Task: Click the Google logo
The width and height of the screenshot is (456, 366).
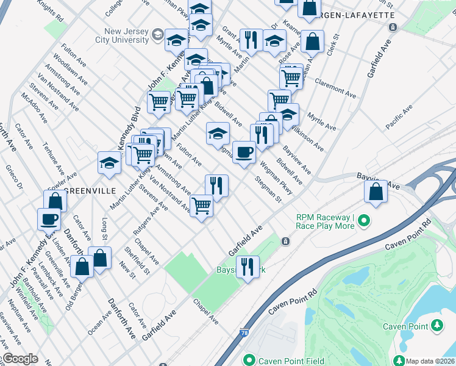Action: [x=20, y=359]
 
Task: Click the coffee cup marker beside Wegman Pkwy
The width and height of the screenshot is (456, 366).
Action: [x=244, y=152]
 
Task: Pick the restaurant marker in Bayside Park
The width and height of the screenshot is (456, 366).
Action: [x=248, y=267]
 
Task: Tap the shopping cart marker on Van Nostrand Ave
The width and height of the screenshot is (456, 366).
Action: [x=201, y=206]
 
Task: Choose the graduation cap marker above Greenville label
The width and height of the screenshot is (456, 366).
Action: [x=109, y=163]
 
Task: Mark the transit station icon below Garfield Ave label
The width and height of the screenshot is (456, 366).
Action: [x=285, y=242]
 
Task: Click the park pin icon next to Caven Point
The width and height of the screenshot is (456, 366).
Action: [x=437, y=326]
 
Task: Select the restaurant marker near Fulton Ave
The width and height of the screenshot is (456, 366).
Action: [x=216, y=185]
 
